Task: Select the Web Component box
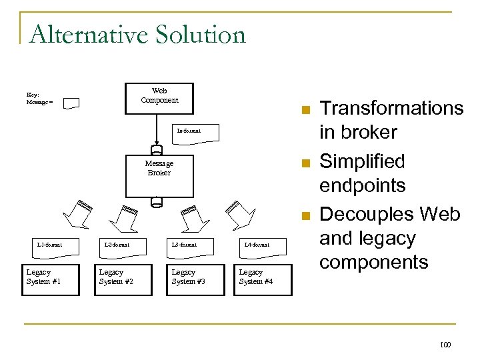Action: click(159, 98)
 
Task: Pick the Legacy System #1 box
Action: click(44, 278)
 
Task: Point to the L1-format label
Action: click(50, 245)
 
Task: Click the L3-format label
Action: click(184, 245)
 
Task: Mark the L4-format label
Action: click(257, 245)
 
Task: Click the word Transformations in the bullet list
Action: click(391, 108)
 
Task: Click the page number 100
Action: click(445, 345)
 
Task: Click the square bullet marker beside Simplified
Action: click(305, 163)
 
